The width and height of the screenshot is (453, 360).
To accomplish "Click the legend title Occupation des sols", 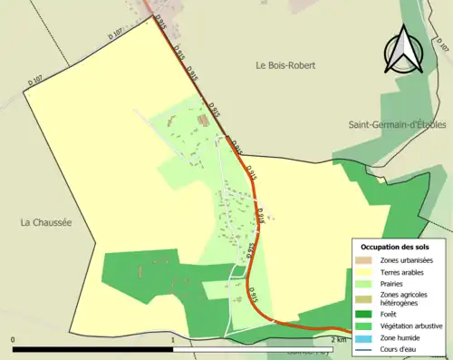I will (x=395, y=247).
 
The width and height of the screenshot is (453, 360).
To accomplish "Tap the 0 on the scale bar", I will (x=14, y=340).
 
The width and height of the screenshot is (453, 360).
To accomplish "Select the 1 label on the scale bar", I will (x=172, y=340).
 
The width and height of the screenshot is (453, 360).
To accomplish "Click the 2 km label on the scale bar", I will (x=338, y=340).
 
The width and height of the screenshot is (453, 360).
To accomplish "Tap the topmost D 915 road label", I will (x=161, y=19).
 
